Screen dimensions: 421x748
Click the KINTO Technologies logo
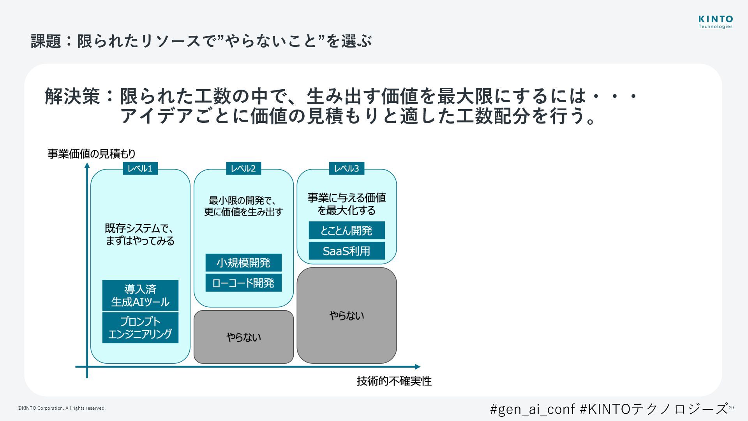click(715, 22)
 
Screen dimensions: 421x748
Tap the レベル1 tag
click(140, 168)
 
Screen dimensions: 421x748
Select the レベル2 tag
click(243, 168)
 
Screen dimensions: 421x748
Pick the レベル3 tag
click(346, 168)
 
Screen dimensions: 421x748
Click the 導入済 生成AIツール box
click(140, 295)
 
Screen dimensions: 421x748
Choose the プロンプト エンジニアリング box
click(140, 327)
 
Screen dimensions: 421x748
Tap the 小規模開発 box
click(243, 263)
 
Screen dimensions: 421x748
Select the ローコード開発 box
click(243, 283)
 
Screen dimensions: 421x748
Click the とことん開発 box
click(347, 230)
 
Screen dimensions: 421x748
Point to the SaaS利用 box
click(347, 251)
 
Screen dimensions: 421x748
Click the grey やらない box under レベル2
click(243, 337)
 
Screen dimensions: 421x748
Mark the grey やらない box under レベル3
click(347, 315)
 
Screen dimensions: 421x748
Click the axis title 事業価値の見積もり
click(92, 154)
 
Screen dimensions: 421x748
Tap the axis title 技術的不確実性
click(394, 381)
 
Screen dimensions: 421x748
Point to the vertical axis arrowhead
click(87, 166)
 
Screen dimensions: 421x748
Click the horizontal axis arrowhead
click(418, 366)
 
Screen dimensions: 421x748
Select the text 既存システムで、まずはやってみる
click(140, 234)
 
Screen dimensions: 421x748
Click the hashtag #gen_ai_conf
click(532, 409)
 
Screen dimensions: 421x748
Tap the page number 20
click(731, 408)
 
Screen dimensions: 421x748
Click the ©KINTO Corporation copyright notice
click(62, 408)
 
